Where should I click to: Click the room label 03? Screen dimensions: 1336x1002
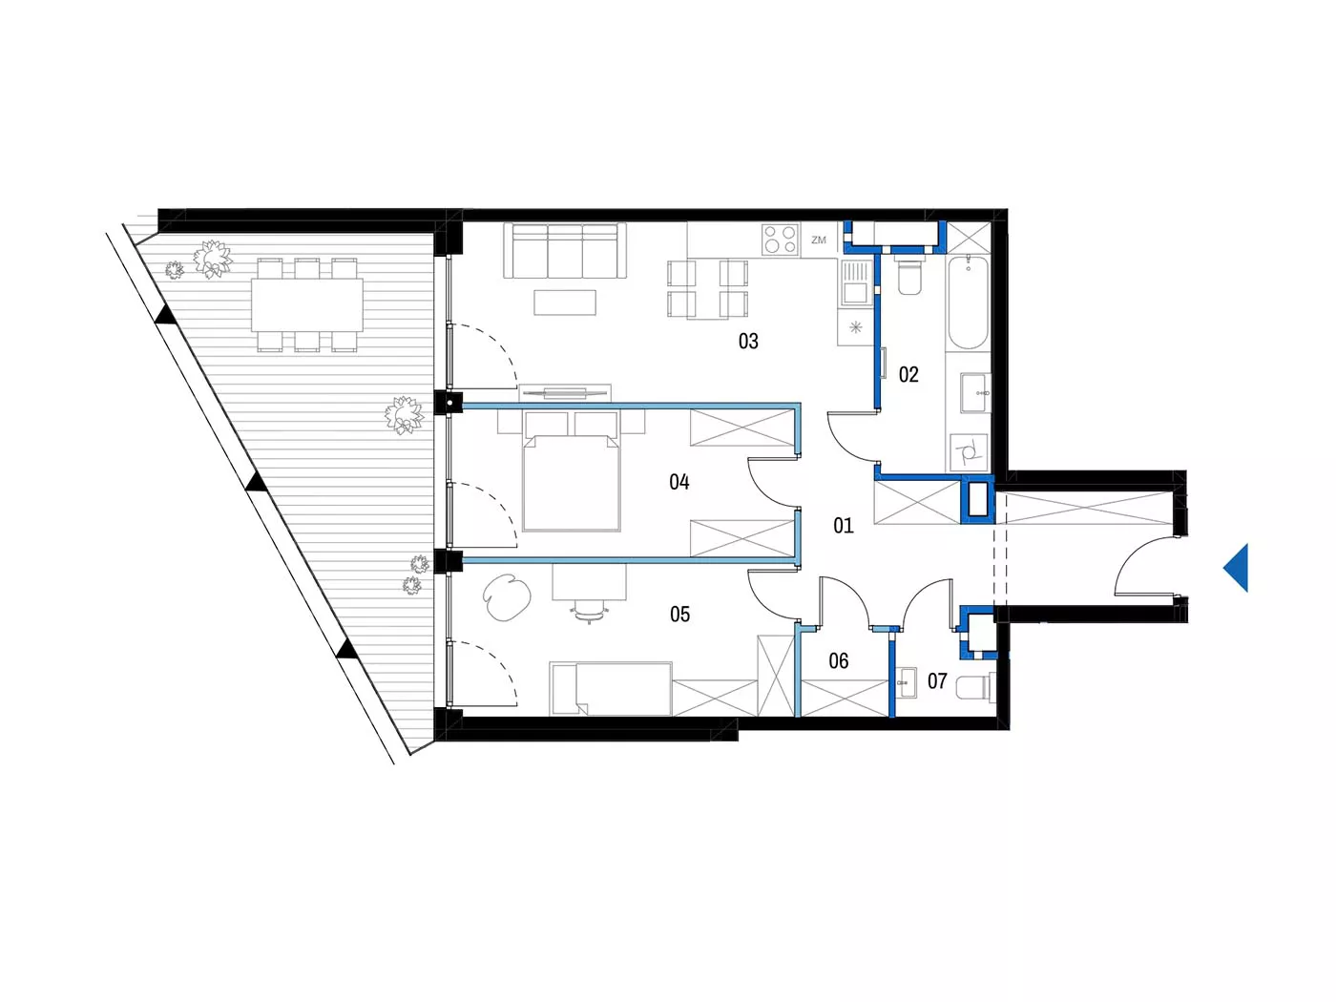pyautogui.click(x=748, y=342)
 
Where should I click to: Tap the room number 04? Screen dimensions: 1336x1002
pyautogui.click(x=678, y=482)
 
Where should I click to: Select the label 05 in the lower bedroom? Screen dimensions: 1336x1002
pyautogui.click(x=679, y=615)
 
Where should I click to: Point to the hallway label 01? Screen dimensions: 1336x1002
pyautogui.click(x=843, y=526)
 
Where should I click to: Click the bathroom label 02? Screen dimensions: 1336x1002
pyautogui.click(x=908, y=375)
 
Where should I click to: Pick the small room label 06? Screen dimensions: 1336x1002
pyautogui.click(x=838, y=660)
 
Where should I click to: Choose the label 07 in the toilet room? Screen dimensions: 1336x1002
pyautogui.click(x=937, y=680)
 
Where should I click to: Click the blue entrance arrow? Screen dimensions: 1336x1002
pyautogui.click(x=1235, y=568)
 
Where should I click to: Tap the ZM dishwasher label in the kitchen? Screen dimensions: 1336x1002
pyautogui.click(x=819, y=240)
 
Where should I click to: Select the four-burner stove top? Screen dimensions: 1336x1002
pyautogui.click(x=781, y=240)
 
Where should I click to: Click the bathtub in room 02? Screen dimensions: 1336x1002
pyautogui.click(x=968, y=302)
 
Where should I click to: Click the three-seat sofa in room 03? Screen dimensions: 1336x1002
pyautogui.click(x=564, y=251)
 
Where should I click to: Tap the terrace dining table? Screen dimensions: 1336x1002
pyautogui.click(x=307, y=304)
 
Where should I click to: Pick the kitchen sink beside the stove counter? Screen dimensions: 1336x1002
pyautogui.click(x=855, y=282)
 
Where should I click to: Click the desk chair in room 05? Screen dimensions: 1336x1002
pyautogui.click(x=589, y=611)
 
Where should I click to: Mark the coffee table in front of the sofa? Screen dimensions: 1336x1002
pyautogui.click(x=565, y=303)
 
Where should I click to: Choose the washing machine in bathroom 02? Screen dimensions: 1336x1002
pyautogui.click(x=968, y=452)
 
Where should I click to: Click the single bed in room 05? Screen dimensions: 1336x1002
pyautogui.click(x=611, y=689)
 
